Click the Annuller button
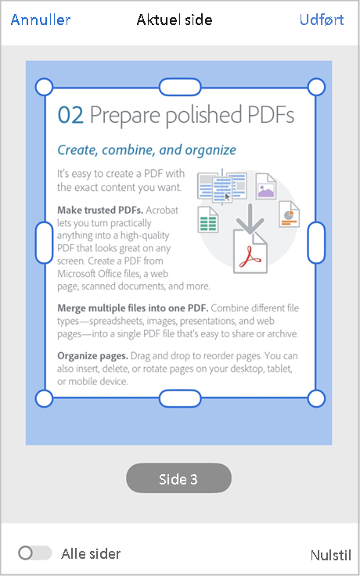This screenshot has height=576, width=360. click(41, 20)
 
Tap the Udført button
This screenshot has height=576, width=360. click(321, 20)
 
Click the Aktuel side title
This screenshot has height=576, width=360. click(173, 20)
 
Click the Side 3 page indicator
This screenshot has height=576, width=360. click(178, 479)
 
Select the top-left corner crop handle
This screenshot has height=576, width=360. click(45, 85)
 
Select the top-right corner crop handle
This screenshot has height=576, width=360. click(316, 85)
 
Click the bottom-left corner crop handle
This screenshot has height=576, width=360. click(45, 399)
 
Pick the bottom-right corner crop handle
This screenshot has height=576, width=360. click(316, 399)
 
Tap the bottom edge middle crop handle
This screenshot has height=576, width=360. click(180, 399)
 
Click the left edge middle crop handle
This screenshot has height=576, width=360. click(45, 242)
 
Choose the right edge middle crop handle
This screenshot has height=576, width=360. click(316, 242)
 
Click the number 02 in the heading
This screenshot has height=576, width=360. click(70, 115)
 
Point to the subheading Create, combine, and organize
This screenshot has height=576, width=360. click(147, 149)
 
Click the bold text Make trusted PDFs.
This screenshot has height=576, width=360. click(99, 210)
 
